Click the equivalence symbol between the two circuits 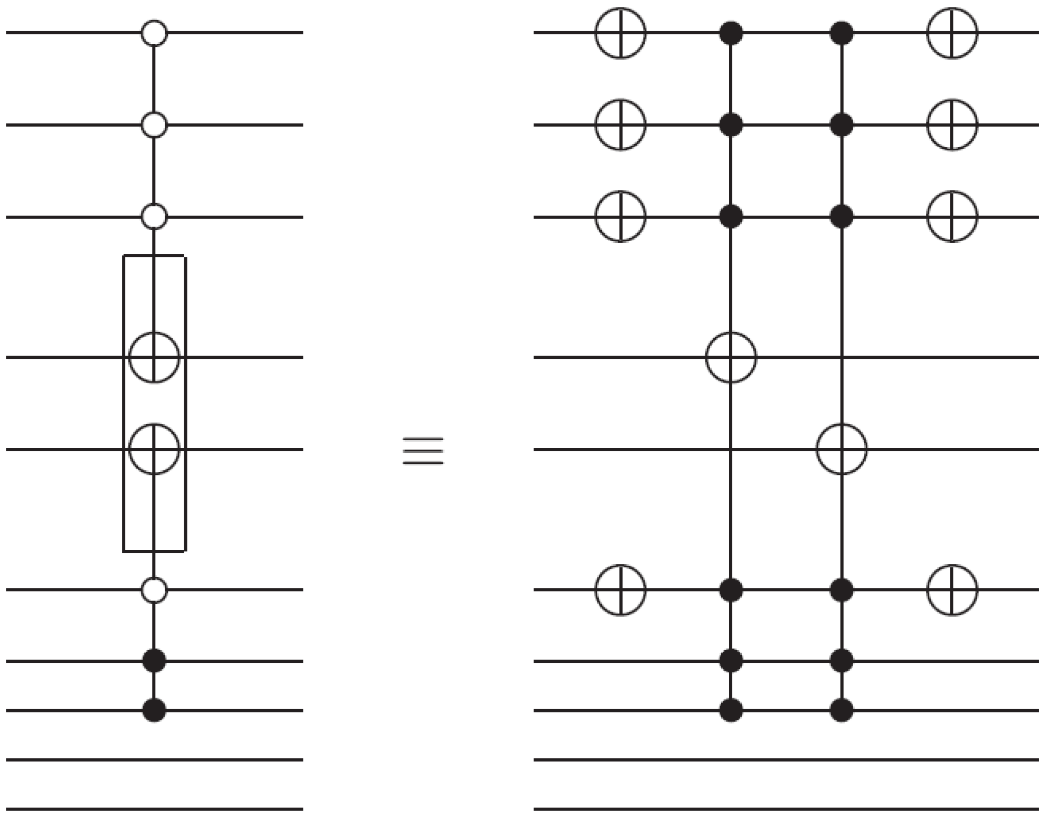(x=423, y=450)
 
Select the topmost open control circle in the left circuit (x=154, y=33)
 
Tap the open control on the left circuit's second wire (x=154, y=125)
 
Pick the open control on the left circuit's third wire (x=154, y=217)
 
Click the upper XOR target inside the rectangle (x=154, y=357)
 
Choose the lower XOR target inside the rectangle (x=154, y=449)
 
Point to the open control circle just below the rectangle (x=154, y=589)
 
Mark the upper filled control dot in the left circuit (x=154, y=661)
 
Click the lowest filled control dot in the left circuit (x=154, y=710)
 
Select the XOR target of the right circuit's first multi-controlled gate (x=731, y=357)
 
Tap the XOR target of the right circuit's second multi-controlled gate (x=842, y=449)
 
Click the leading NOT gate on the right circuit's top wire (x=620, y=33)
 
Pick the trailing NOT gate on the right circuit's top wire (x=952, y=33)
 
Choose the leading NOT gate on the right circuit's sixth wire (x=620, y=589)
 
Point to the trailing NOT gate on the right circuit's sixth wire (x=952, y=589)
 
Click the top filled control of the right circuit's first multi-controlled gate (x=731, y=33)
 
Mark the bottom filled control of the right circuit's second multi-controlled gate (x=842, y=710)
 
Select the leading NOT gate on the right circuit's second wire (x=620, y=125)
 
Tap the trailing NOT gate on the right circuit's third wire (x=952, y=216)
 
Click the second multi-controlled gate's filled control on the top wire (x=842, y=33)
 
